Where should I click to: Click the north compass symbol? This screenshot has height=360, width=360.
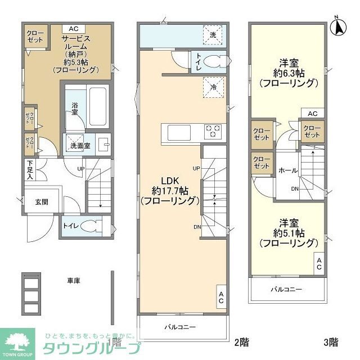click(x=339, y=25)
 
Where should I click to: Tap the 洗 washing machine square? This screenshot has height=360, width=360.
click(x=213, y=35)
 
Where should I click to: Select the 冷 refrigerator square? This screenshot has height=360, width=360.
click(x=214, y=87)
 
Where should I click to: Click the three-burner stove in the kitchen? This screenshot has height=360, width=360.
click(x=213, y=132)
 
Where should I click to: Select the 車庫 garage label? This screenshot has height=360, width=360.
click(x=72, y=279)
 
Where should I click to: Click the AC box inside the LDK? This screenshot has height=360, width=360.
click(x=221, y=297)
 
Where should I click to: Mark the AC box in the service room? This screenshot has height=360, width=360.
click(x=74, y=28)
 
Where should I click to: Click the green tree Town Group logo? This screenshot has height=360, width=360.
click(x=17, y=340)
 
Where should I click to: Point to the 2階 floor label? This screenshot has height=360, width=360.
click(x=241, y=341)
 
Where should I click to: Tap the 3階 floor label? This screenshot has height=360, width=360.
click(x=330, y=341)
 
